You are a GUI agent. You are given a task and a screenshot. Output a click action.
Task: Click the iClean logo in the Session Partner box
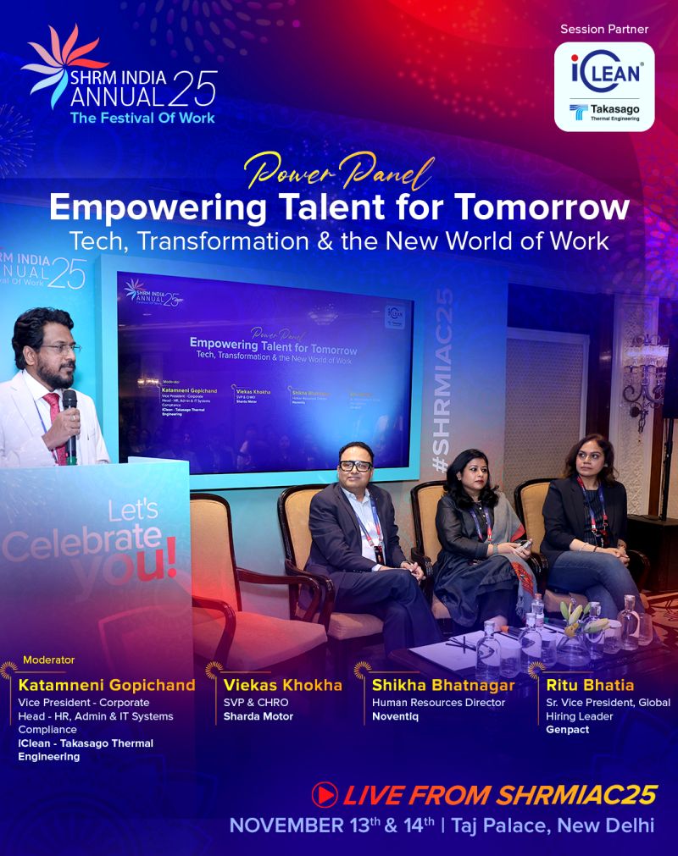click(x=604, y=72)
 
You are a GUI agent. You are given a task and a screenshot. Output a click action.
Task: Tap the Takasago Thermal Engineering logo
click(x=604, y=111)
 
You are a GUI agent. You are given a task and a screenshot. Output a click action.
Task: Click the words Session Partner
click(x=604, y=30)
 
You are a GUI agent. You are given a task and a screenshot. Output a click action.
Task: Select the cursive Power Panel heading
click(x=339, y=173)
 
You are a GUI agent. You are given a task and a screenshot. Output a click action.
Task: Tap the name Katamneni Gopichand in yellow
click(x=107, y=685)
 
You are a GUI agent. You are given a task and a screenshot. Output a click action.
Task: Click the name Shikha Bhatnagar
click(x=443, y=685)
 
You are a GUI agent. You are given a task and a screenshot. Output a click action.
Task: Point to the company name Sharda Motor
click(x=258, y=716)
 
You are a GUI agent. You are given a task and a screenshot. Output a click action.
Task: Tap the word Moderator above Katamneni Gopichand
click(x=49, y=660)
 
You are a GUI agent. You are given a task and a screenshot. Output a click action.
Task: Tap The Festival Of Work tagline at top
click(x=142, y=118)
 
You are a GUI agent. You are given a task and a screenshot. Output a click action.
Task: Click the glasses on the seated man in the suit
click(x=356, y=466)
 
